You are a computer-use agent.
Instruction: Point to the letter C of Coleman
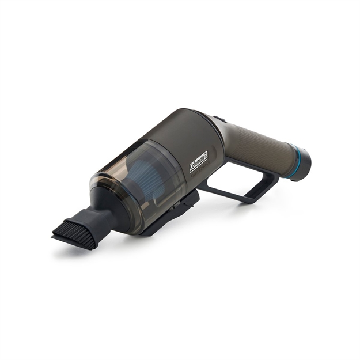192,168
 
